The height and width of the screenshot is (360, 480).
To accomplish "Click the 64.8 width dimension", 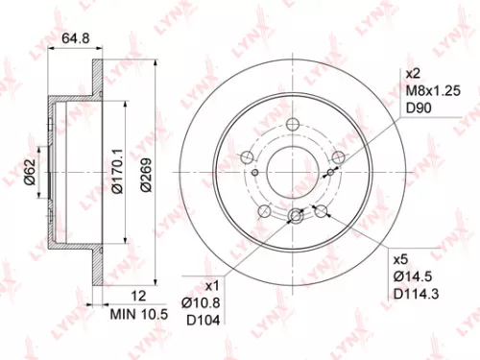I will coord(76,39).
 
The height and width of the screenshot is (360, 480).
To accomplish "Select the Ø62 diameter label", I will coord(30,172).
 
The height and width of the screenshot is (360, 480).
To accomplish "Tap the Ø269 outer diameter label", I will coord(145,174).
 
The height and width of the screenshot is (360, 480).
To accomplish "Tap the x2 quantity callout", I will coord(413,74).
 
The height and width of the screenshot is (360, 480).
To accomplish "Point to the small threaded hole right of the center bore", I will coord(333,172).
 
